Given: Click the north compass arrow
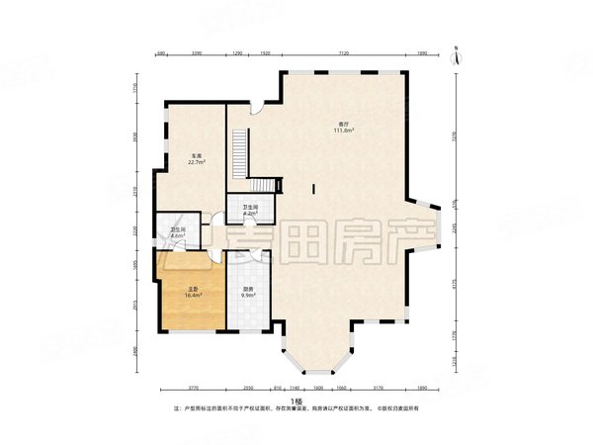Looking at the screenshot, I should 451,48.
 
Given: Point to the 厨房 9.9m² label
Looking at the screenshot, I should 248,292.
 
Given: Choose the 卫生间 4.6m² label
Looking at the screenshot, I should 178,233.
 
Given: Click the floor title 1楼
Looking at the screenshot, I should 296,400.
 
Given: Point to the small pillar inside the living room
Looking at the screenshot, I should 312,188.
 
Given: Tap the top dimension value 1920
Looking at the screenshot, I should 265,53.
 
